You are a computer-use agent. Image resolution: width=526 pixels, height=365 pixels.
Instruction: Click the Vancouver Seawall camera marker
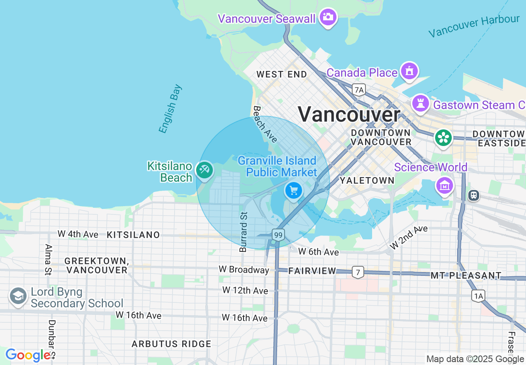click(328, 17)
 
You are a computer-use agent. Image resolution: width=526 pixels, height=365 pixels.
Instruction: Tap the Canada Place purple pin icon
click(409, 71)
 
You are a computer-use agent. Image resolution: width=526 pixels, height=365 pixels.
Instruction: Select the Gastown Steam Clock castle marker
click(420, 103)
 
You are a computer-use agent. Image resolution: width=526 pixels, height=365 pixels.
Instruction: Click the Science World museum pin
click(444, 185)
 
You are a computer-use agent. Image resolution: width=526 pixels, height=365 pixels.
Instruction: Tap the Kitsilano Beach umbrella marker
click(205, 170)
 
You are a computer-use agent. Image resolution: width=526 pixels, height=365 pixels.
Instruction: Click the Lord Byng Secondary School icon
click(18, 297)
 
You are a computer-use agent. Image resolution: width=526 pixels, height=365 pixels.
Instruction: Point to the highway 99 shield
click(278, 235)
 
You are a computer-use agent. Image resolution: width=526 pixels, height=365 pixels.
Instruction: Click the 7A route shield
click(359, 89)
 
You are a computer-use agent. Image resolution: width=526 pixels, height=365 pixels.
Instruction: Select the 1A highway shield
click(478, 295)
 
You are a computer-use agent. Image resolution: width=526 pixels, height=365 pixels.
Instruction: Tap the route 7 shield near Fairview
click(358, 272)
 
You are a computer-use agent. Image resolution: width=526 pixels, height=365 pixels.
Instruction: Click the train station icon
click(473, 195)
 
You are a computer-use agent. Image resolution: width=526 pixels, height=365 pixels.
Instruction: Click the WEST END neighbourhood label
click(282, 75)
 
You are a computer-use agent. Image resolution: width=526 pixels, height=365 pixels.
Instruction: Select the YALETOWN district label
click(367, 180)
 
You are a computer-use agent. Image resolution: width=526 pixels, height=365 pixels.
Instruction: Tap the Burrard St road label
click(244, 232)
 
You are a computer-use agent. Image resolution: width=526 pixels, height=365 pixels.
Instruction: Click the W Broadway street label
click(244, 270)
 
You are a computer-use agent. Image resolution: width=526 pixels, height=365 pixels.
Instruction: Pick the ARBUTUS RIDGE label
click(171, 344)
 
